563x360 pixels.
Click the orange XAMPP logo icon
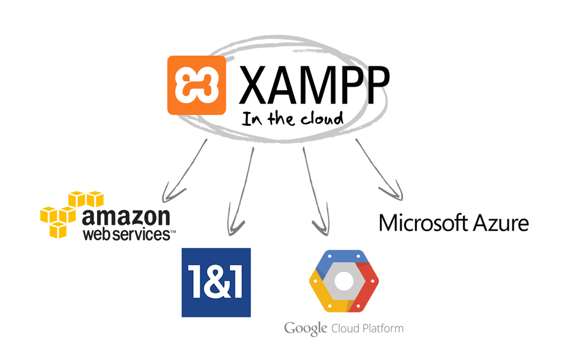(196, 85)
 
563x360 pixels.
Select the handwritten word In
(249, 118)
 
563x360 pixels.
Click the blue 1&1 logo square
(216, 282)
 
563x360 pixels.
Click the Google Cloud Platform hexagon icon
(344, 281)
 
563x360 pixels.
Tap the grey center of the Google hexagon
(344, 282)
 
